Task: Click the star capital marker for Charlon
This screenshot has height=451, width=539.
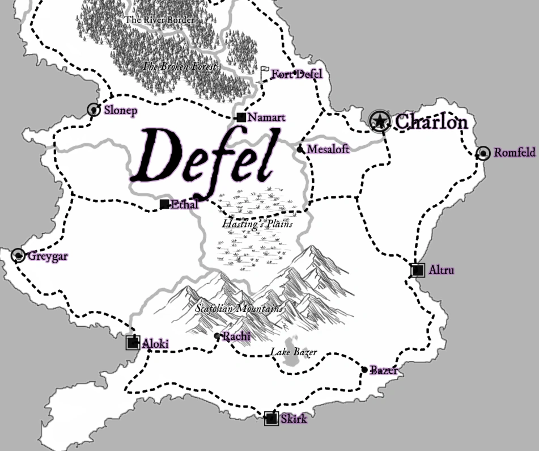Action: tap(379, 121)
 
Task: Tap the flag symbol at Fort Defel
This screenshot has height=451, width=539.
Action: tap(265, 74)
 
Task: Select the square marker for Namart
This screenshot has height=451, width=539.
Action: tap(241, 117)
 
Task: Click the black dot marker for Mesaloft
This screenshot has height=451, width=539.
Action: tap(300, 149)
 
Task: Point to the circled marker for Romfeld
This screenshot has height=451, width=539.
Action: tap(483, 153)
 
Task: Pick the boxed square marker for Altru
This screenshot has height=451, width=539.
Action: tap(418, 271)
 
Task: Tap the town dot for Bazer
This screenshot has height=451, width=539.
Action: tap(364, 370)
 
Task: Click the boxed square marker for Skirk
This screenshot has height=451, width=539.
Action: tap(271, 419)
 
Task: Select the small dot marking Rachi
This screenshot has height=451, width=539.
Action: tap(217, 336)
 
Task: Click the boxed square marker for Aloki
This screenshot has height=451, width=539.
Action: tap(133, 342)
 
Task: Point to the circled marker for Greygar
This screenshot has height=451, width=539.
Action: tap(18, 256)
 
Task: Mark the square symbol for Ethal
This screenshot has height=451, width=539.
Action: tap(164, 204)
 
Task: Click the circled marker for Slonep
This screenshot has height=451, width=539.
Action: tap(94, 110)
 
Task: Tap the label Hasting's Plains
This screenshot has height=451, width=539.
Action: tap(257, 224)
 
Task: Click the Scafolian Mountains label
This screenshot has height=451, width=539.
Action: tap(239, 309)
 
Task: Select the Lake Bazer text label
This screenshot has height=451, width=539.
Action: tap(293, 352)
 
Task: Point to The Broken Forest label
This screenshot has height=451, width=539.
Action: tap(179, 66)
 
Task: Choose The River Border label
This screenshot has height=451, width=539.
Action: tap(159, 20)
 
